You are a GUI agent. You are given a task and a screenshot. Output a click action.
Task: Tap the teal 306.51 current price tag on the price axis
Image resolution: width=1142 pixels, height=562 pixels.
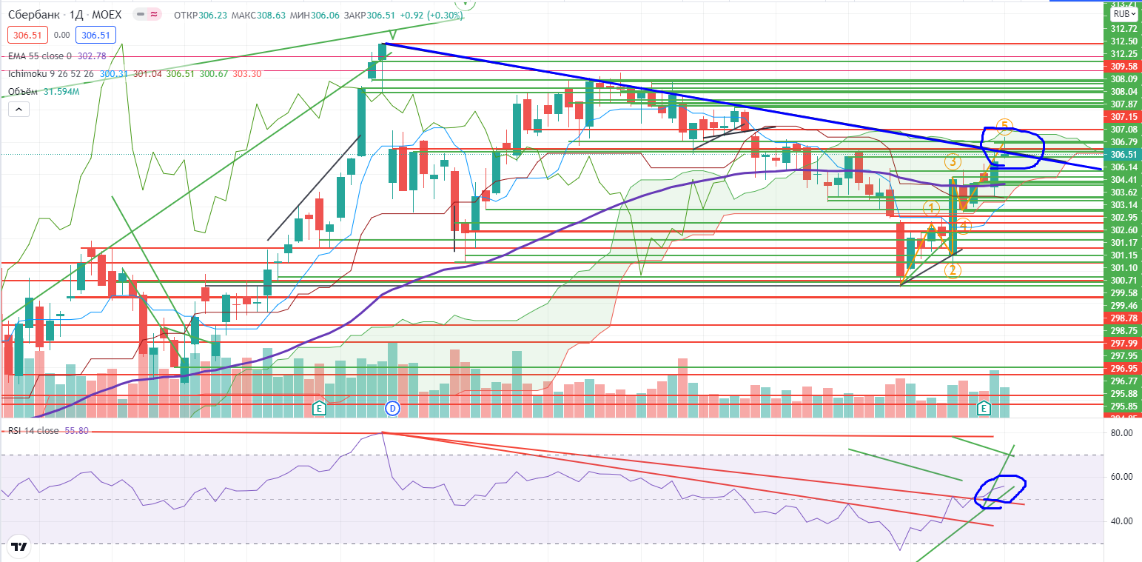coord(1123,154)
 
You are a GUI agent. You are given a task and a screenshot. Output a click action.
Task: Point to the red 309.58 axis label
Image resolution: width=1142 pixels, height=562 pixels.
coord(1123,66)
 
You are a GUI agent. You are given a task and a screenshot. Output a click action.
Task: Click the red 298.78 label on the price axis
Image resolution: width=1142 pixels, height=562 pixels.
coord(1123,318)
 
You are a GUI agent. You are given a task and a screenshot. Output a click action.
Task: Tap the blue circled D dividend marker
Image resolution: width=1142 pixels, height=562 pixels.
coord(392,408)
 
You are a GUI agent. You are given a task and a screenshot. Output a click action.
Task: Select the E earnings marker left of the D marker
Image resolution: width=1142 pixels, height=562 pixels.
coord(319,408)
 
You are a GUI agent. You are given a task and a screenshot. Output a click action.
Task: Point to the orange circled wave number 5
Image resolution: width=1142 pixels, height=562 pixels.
coord(1004,125)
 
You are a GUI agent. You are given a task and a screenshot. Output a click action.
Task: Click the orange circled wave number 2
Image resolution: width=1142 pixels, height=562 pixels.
coord(953,270)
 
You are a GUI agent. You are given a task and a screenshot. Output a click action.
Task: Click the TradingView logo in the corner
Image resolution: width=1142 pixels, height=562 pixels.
coord(19,546)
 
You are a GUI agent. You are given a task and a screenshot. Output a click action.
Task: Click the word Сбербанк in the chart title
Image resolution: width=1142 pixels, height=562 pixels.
coord(32,15)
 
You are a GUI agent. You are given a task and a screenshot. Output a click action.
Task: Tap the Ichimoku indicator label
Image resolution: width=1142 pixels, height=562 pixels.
coord(31,74)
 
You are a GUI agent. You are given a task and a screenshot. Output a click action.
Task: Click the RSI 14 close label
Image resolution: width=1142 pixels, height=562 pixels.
coord(33,430)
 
